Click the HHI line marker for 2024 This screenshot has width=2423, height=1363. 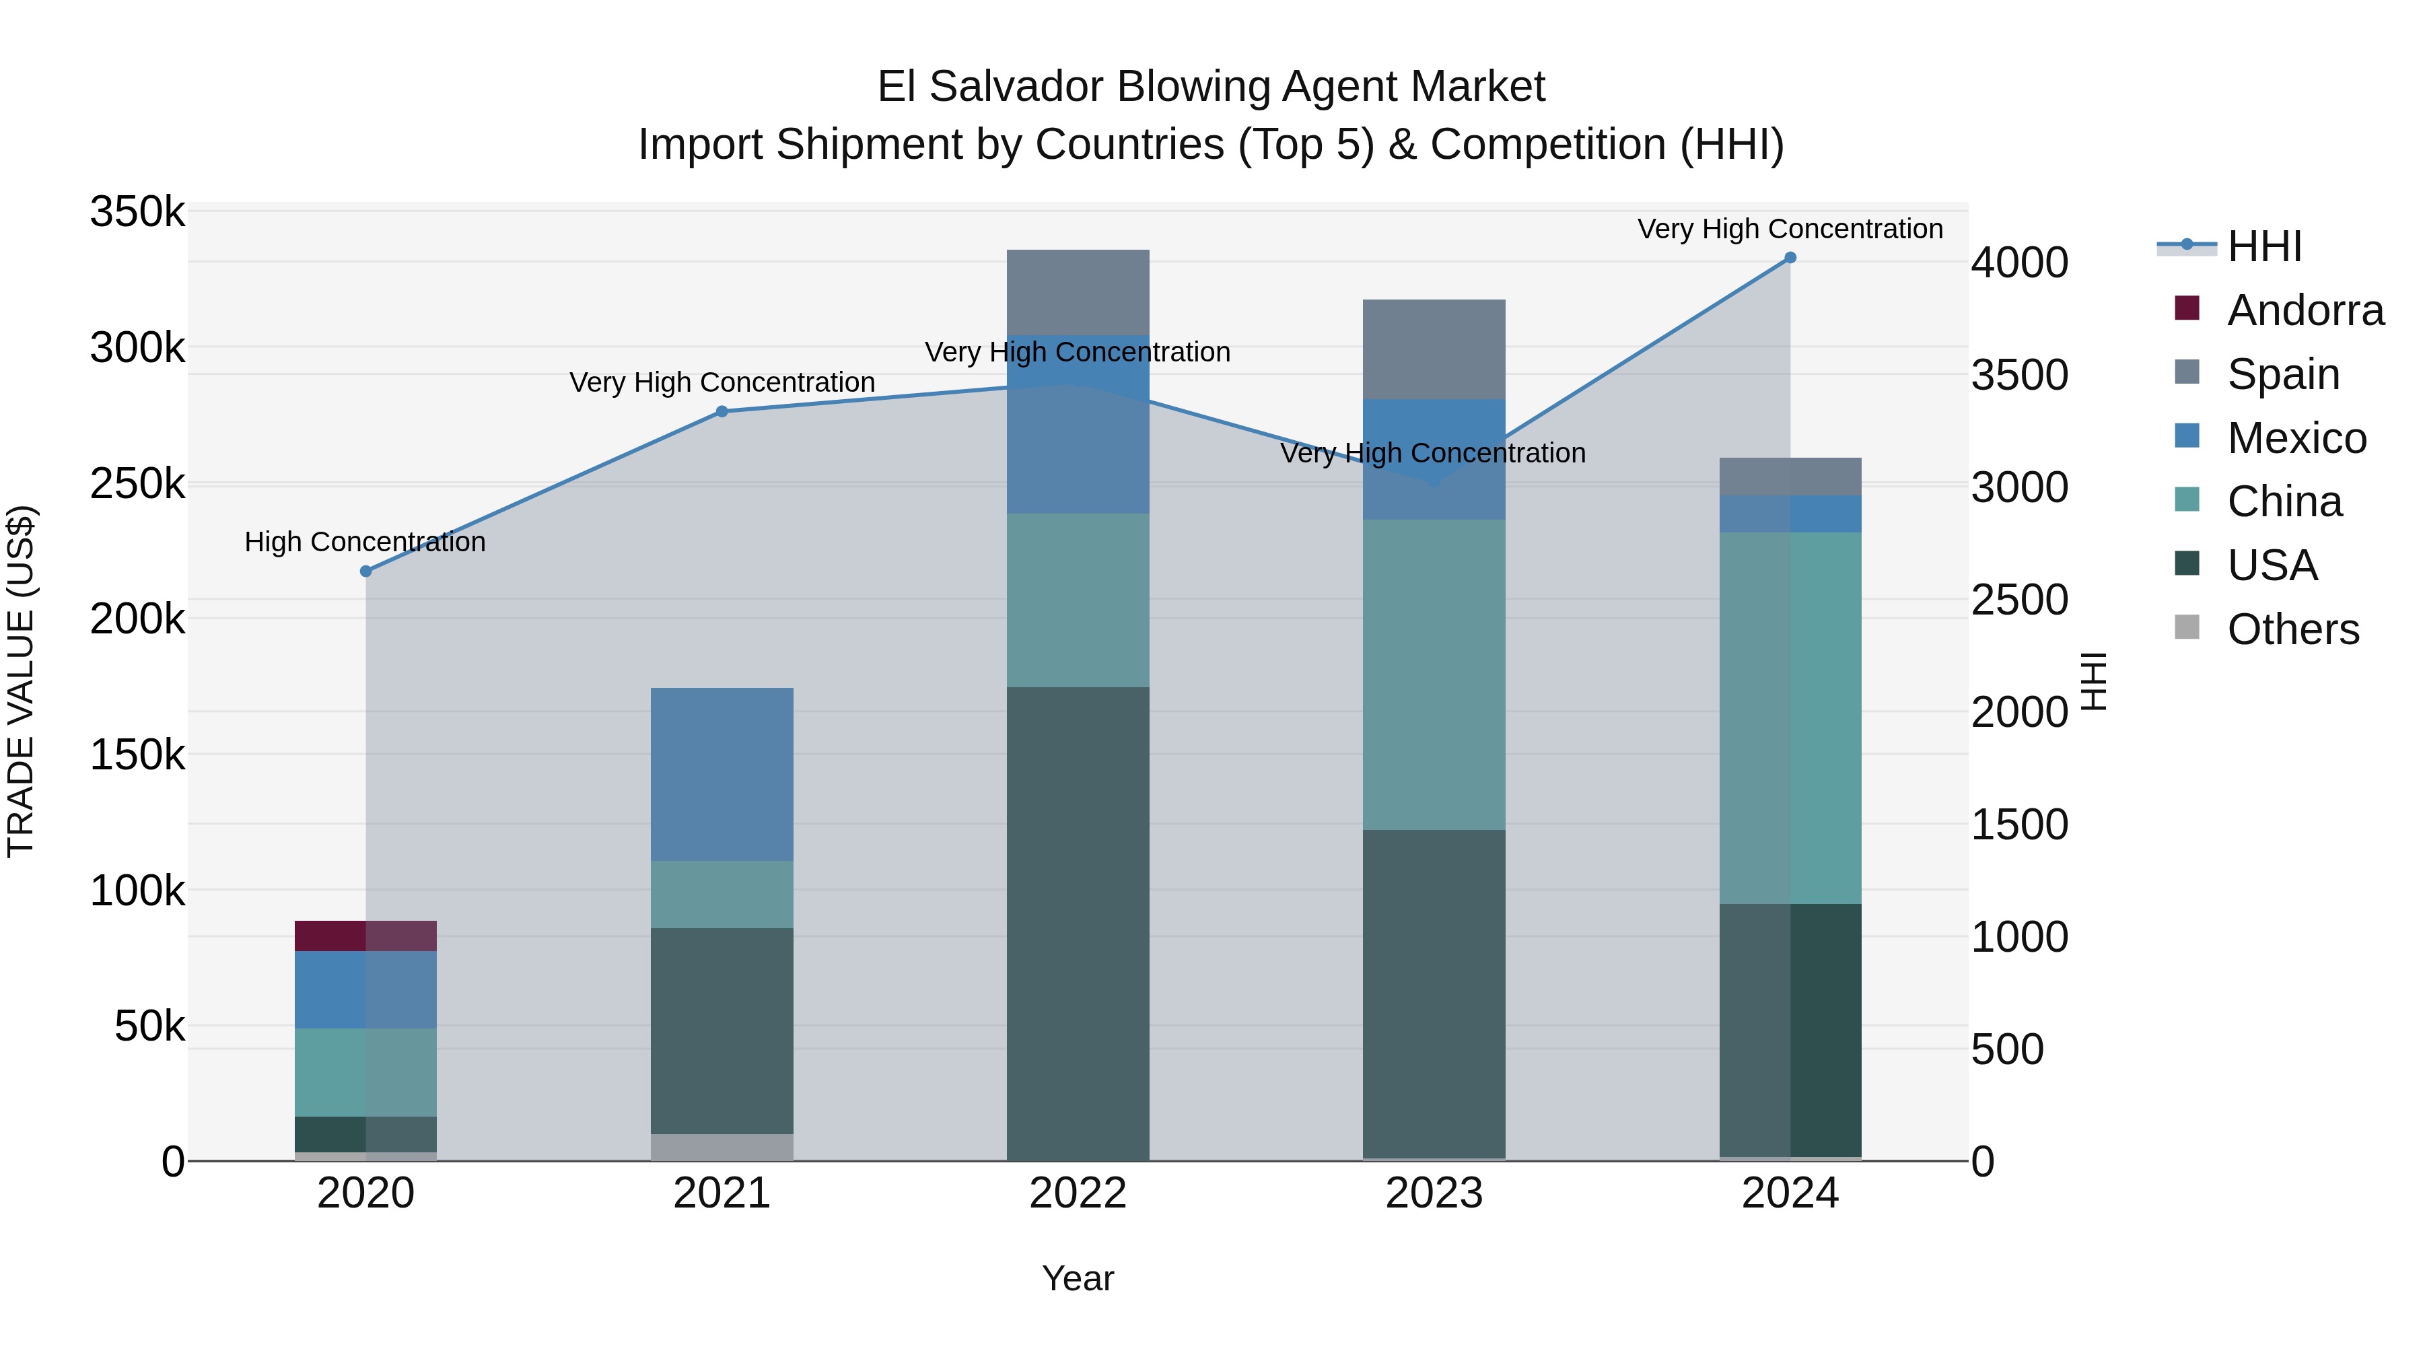pos(1790,258)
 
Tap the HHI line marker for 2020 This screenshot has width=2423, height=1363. pos(366,571)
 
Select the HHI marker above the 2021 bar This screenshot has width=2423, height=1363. pos(722,411)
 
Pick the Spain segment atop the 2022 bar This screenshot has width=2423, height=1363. pos(1078,291)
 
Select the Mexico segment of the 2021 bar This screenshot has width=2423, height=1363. pos(722,773)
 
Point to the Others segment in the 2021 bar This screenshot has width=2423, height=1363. pos(722,1147)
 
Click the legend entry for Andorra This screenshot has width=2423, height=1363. pos(2305,310)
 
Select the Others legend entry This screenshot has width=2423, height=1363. pos(2292,629)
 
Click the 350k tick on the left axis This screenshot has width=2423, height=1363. pos(137,213)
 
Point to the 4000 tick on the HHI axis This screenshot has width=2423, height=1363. pos(2019,263)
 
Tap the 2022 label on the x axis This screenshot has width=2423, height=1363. pos(1078,1193)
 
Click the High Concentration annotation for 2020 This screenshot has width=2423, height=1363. pos(365,542)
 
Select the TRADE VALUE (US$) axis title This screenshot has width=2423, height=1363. pos(21,681)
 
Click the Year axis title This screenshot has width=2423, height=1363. pos(1078,1278)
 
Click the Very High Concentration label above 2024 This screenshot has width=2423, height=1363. pos(1790,229)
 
